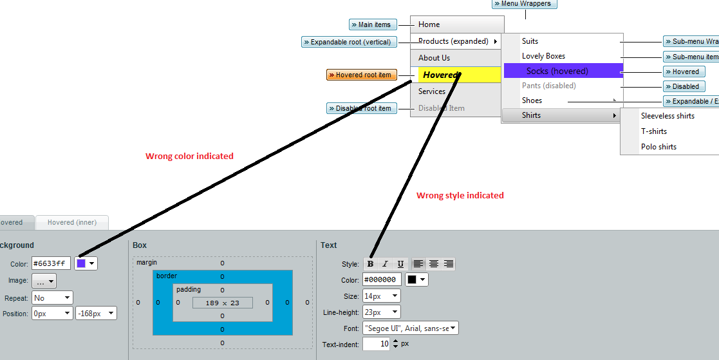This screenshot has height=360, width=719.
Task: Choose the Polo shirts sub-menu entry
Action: pyautogui.click(x=658, y=147)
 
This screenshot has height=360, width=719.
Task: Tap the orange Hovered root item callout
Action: pyautogui.click(x=361, y=75)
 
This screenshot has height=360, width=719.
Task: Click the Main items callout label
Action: pyautogui.click(x=372, y=24)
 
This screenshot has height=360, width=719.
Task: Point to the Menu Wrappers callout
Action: pyautogui.click(x=524, y=4)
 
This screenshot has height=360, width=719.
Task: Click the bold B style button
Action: pyautogui.click(x=370, y=263)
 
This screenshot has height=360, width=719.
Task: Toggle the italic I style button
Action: pyautogui.click(x=385, y=263)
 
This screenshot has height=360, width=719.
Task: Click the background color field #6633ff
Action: pyautogui.click(x=51, y=263)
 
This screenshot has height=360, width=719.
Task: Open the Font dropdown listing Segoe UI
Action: pyautogui.click(x=410, y=328)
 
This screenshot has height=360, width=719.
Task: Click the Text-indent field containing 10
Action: pyautogui.click(x=376, y=344)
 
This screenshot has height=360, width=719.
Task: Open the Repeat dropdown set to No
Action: pyautogui.click(x=52, y=298)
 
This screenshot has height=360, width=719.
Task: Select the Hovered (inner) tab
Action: pyautogui.click(x=71, y=222)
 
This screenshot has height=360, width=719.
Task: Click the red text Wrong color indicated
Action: pyautogui.click(x=189, y=156)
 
